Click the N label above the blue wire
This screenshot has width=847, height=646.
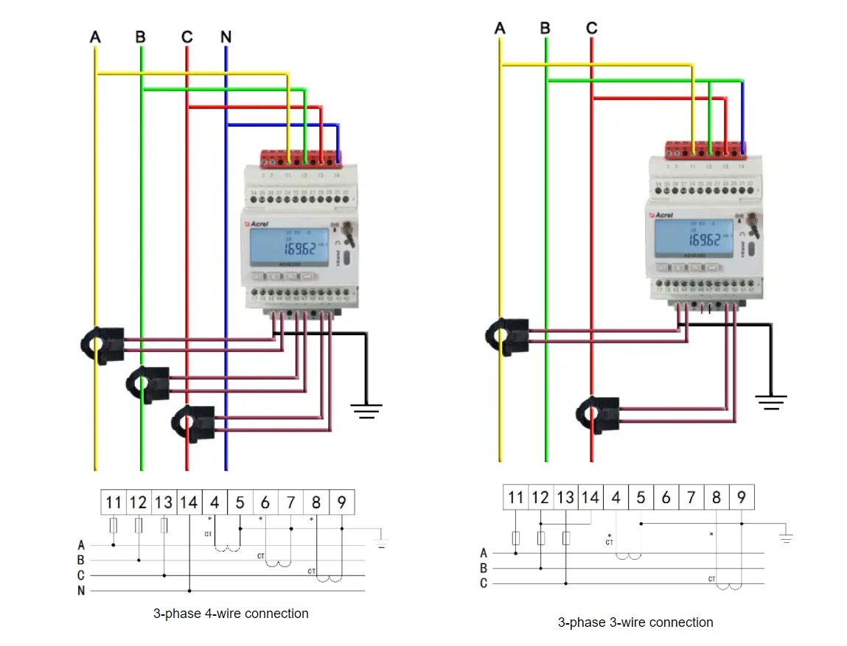[x=226, y=36]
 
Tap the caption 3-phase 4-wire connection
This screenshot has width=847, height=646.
[x=231, y=614]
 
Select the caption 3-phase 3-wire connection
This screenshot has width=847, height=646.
[x=635, y=622]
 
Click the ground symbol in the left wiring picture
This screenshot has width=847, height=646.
[x=366, y=410]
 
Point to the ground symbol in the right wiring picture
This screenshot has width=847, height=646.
[x=770, y=401]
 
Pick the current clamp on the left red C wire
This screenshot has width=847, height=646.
[x=193, y=423]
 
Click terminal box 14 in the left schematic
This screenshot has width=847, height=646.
[x=189, y=503]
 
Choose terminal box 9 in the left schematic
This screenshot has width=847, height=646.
[x=342, y=503]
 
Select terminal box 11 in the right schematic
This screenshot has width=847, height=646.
[x=515, y=497]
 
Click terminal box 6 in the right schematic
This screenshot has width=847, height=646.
[x=666, y=497]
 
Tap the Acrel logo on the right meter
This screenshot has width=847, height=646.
[x=660, y=215]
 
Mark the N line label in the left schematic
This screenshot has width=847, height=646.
[x=81, y=591]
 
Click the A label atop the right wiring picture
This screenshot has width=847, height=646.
[x=501, y=29]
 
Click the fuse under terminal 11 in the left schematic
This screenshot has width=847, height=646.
[x=114, y=526]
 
